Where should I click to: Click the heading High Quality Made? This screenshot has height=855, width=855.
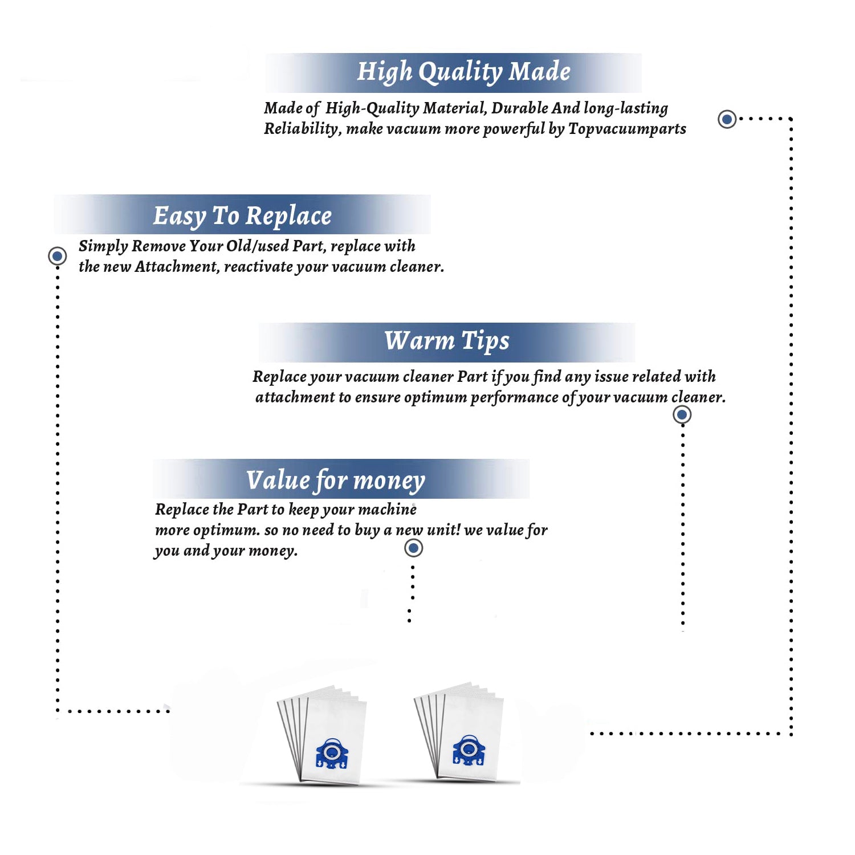tap(463, 72)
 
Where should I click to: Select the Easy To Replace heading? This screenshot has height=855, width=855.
tap(242, 217)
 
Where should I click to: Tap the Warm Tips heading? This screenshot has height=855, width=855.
tap(447, 341)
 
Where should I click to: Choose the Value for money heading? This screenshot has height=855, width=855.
tap(336, 480)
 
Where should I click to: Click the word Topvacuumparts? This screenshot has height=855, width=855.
tap(627, 129)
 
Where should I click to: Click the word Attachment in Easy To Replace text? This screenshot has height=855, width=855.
tap(177, 267)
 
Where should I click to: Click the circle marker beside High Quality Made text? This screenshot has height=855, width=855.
tap(727, 119)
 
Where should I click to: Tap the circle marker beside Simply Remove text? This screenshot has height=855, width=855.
tap(57, 256)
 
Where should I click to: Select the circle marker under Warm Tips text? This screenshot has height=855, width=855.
tap(682, 414)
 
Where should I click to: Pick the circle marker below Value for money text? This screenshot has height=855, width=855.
tap(413, 548)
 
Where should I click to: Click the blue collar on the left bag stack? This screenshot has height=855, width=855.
tap(331, 754)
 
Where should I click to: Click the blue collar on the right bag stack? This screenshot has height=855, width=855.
tap(469, 750)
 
